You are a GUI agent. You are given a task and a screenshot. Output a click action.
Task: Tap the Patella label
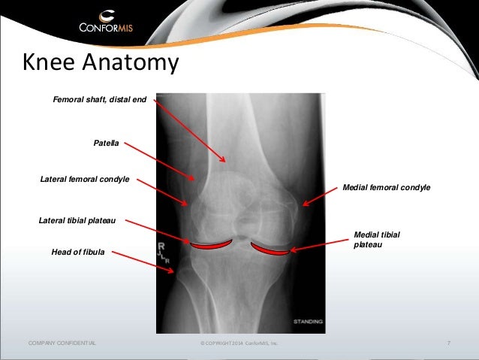coord(106,142)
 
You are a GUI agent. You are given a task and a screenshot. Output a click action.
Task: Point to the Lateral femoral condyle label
coord(84,180)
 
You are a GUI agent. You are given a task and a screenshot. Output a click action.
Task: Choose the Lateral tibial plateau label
coord(81,221)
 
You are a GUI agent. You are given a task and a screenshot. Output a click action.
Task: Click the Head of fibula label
coord(78,252)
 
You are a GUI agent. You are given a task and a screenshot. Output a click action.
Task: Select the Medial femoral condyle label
coord(386,187)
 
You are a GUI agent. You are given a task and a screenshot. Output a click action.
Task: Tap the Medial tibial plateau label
coord(376,240)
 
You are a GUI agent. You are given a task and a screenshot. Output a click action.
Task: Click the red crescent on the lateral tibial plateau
coord(211,244)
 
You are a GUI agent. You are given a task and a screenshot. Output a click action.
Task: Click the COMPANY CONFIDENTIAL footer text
coord(62,343)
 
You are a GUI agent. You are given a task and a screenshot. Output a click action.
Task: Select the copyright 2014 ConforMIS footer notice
coord(239,343)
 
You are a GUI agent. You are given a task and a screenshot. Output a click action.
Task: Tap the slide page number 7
coord(448,343)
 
